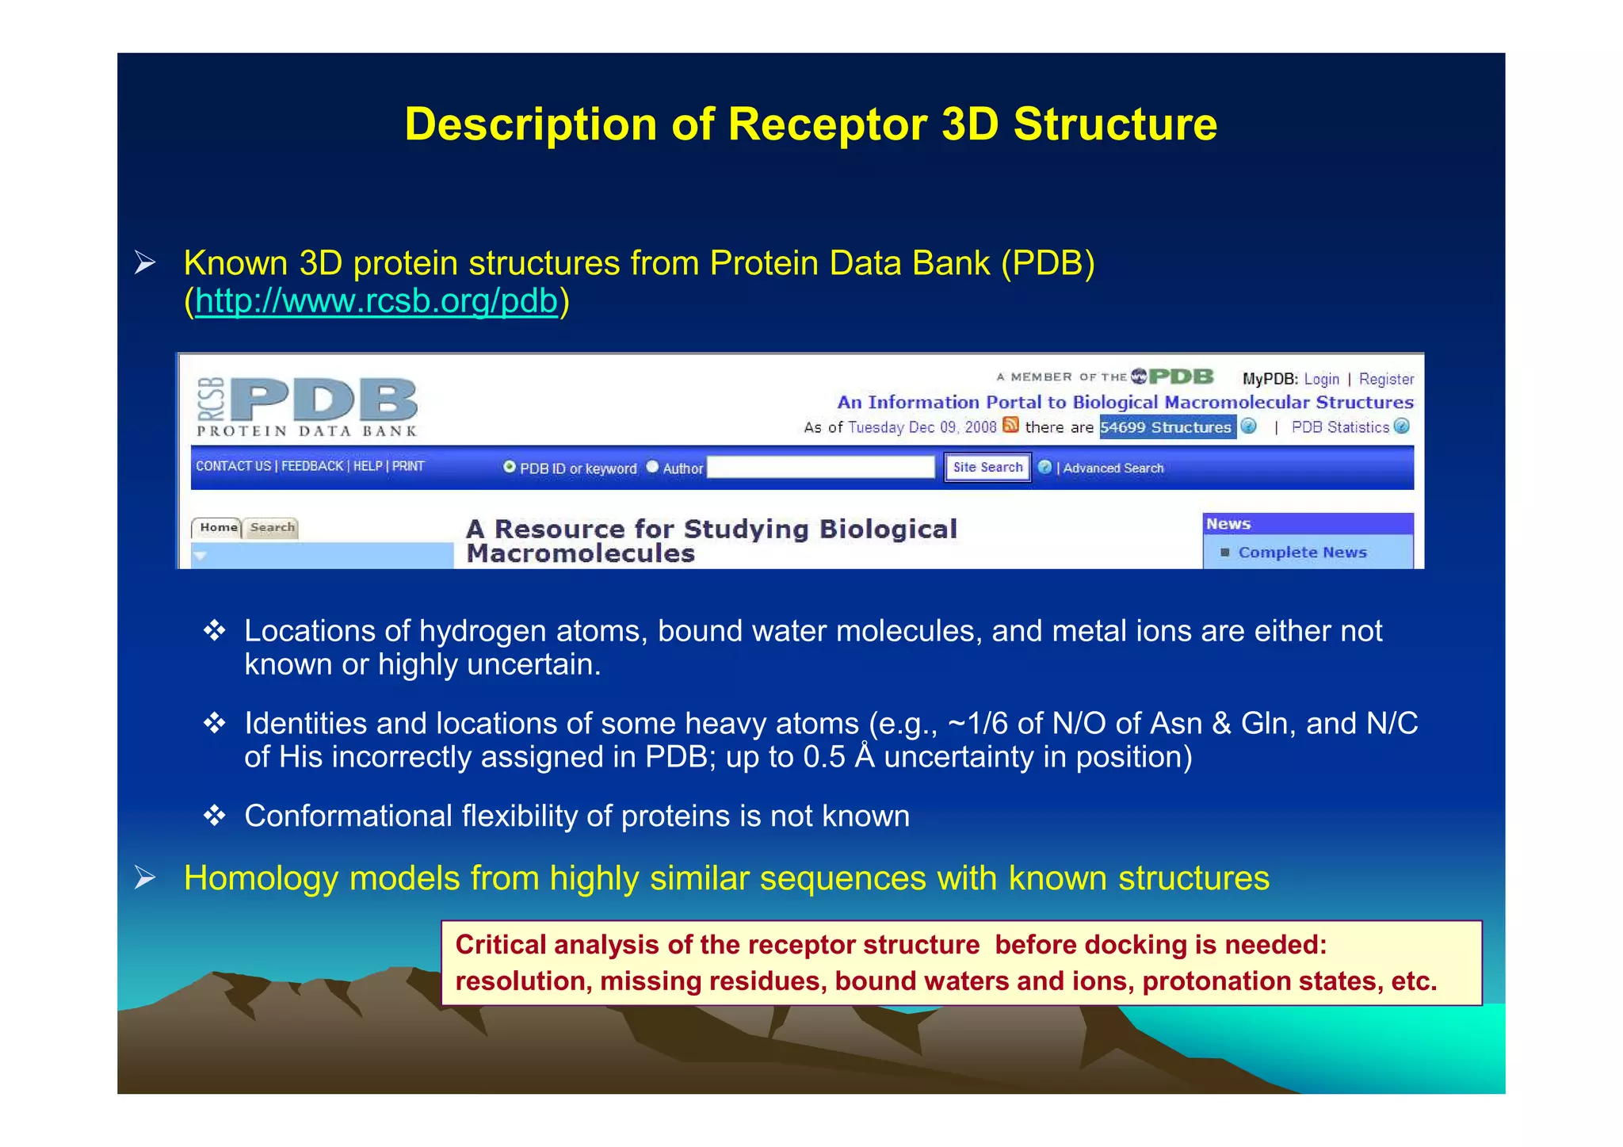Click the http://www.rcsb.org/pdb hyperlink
point(376,301)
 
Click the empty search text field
point(821,468)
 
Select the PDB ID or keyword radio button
point(510,467)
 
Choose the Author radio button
point(652,467)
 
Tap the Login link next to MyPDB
point(1321,379)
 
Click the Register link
point(1386,379)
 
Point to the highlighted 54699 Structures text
point(1166,427)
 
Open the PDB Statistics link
point(1340,427)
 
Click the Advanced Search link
point(1113,468)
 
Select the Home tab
point(218,528)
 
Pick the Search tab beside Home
point(272,528)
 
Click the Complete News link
point(1302,552)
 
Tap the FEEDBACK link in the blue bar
point(312,466)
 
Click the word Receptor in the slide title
point(827,124)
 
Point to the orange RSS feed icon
point(1010,426)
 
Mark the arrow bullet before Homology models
point(144,877)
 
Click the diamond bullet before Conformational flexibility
point(214,816)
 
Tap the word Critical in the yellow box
point(501,945)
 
